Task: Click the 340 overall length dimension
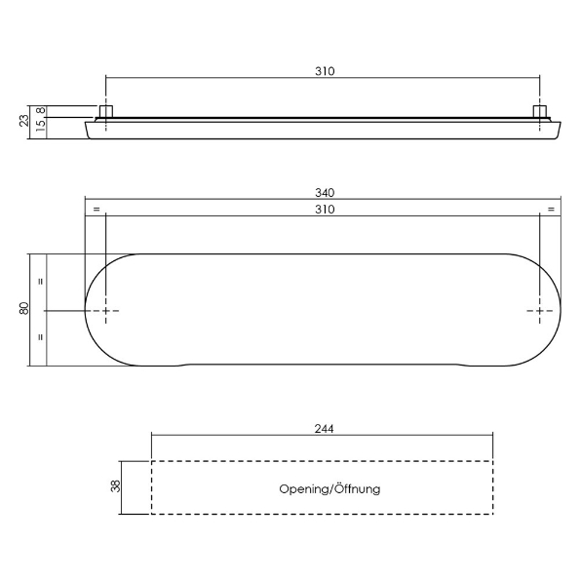(325, 193)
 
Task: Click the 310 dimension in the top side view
(325, 71)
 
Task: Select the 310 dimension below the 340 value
(325, 210)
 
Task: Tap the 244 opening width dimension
(324, 429)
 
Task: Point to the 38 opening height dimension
(116, 485)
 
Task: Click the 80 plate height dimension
(24, 308)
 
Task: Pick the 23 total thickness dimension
(24, 121)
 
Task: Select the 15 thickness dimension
(41, 126)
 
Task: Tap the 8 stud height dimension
(41, 110)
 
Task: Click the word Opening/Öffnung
(329, 489)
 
